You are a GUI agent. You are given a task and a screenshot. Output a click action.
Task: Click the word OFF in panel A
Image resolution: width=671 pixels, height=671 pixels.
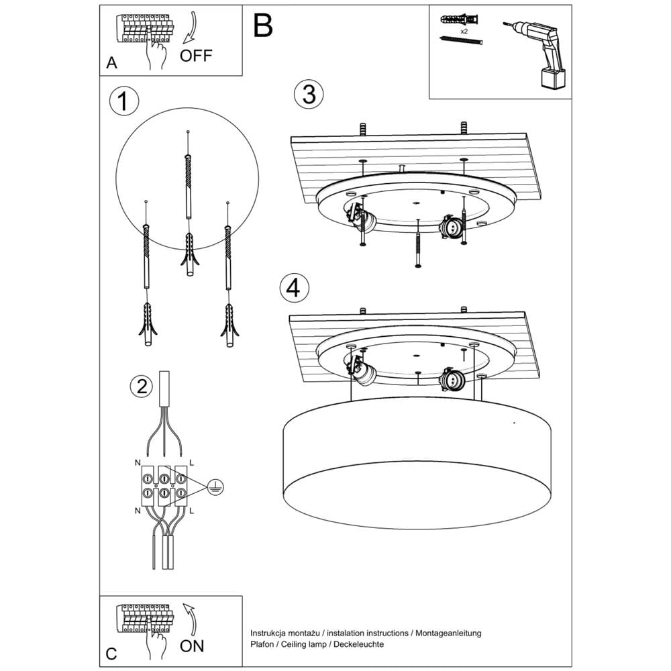(195, 55)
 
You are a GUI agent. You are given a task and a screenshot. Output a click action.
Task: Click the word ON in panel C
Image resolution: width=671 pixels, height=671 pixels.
(192, 646)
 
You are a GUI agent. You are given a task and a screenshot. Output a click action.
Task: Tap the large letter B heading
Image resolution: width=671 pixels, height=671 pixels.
(263, 25)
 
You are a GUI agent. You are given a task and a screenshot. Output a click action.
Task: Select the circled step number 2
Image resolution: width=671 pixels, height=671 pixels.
(141, 386)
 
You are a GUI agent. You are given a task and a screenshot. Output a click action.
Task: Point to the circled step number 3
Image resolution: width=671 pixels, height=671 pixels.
(309, 94)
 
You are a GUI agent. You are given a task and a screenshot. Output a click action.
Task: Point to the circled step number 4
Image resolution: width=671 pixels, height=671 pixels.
(293, 288)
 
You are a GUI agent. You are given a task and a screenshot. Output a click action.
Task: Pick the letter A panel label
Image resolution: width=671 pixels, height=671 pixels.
(112, 63)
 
